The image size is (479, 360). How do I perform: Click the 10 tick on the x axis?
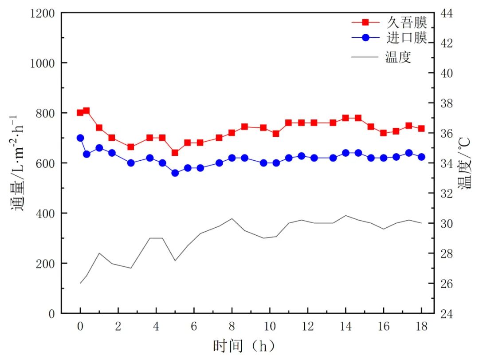click(270, 327)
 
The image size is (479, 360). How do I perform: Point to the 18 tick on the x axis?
click(421, 327)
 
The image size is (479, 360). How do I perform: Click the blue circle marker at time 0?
click(80, 138)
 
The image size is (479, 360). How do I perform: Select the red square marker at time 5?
click(175, 153)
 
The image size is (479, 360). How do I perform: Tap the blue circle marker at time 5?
click(175, 173)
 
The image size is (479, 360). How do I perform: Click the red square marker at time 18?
click(421, 129)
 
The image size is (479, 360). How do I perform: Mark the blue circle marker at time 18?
click(421, 157)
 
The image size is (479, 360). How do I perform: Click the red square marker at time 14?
click(346, 118)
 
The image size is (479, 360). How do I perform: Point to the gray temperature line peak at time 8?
click(232, 218)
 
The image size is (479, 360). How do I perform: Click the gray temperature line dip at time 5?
click(175, 261)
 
